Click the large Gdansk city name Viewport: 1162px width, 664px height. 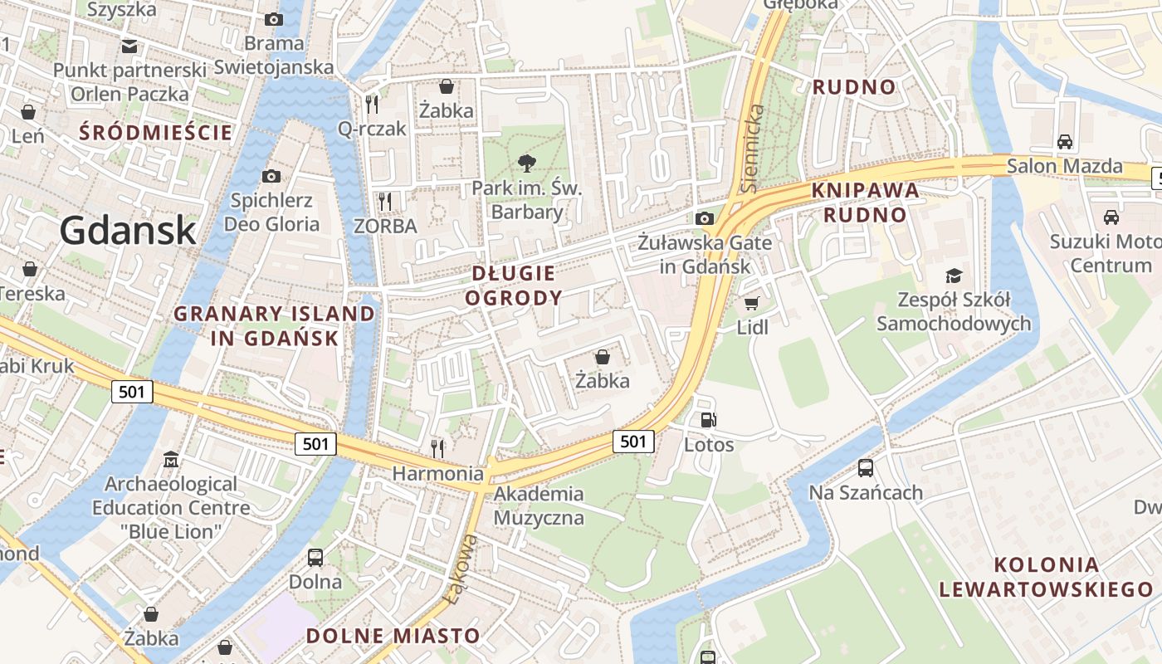[x=128, y=230]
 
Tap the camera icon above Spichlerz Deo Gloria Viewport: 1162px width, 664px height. [x=271, y=176]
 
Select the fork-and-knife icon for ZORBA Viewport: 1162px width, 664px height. [x=384, y=201]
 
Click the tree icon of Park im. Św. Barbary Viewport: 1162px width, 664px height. [x=526, y=164]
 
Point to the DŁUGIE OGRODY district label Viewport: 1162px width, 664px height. [x=514, y=285]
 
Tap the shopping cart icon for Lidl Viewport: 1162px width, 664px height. [x=752, y=303]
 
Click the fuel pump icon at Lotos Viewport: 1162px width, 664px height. [x=708, y=421]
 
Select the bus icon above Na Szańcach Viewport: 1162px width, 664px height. [x=866, y=468]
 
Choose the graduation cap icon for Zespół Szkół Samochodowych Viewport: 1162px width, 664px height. [x=954, y=276]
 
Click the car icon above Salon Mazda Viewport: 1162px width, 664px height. [x=1065, y=142]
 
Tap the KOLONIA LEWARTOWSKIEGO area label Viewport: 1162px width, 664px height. [x=1046, y=577]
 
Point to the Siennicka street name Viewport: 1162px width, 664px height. [x=751, y=149]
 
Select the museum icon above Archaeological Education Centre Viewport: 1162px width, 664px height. [x=171, y=459]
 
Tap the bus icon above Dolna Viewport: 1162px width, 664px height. [x=315, y=557]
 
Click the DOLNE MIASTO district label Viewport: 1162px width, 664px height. [x=393, y=636]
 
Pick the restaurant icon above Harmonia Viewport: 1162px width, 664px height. [x=437, y=449]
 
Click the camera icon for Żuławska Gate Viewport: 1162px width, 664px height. [x=705, y=218]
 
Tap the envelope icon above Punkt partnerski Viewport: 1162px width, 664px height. [x=129, y=46]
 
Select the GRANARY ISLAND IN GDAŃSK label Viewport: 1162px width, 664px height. [x=275, y=325]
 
